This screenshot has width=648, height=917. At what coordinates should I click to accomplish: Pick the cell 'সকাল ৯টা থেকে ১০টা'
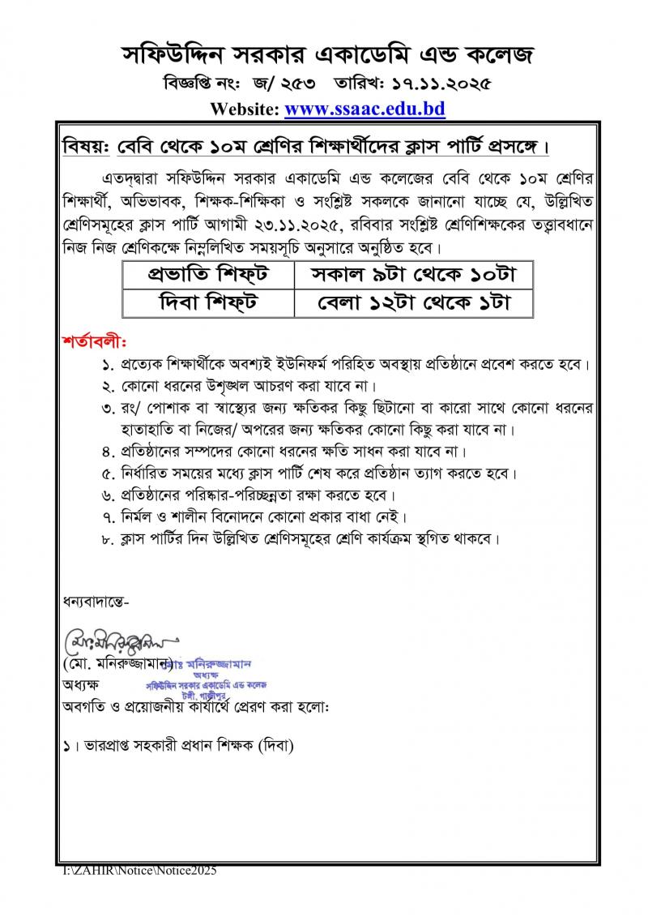coord(413,275)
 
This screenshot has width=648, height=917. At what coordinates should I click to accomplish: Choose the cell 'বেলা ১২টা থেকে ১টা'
coord(413,303)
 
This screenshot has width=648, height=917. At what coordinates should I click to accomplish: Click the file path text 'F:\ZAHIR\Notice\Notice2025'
coord(140,871)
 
